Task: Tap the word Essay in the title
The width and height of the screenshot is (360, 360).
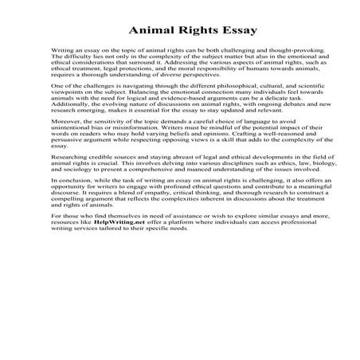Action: (x=234, y=32)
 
